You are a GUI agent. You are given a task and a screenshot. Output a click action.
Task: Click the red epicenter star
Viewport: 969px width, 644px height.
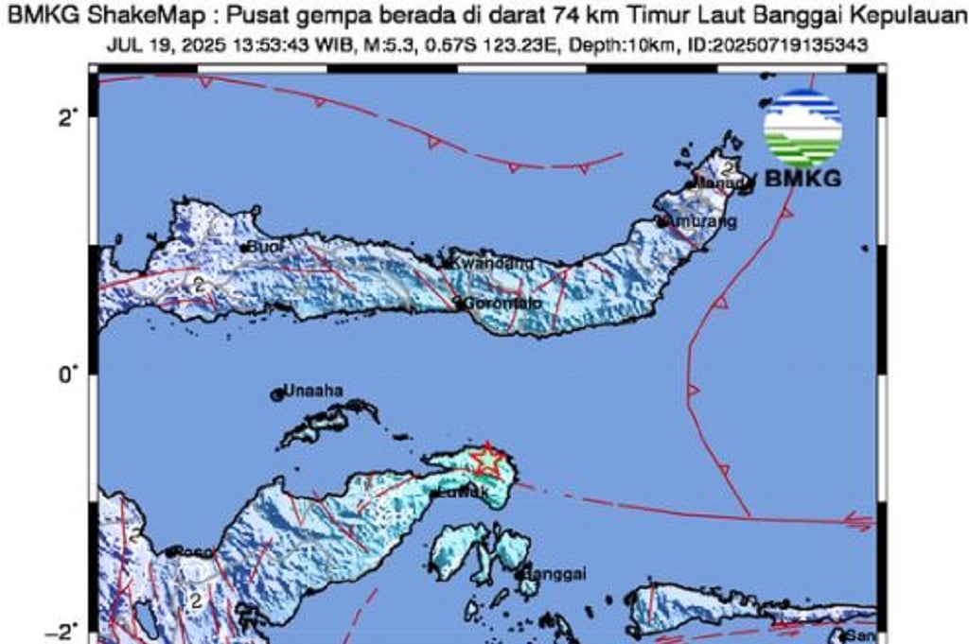(x=485, y=461)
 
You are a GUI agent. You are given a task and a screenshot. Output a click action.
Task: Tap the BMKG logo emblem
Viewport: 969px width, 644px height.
(x=802, y=129)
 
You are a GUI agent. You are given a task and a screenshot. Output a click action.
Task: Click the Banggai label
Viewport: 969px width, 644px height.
(x=557, y=573)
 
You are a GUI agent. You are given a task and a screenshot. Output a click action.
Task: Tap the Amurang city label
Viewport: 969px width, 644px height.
(x=701, y=221)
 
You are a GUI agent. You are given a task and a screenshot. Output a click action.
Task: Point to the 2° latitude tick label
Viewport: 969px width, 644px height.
(x=66, y=118)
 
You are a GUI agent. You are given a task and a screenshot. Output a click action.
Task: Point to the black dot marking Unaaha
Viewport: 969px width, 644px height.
(x=278, y=394)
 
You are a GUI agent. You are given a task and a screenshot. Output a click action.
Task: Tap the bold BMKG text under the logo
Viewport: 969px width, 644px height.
(x=802, y=177)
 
